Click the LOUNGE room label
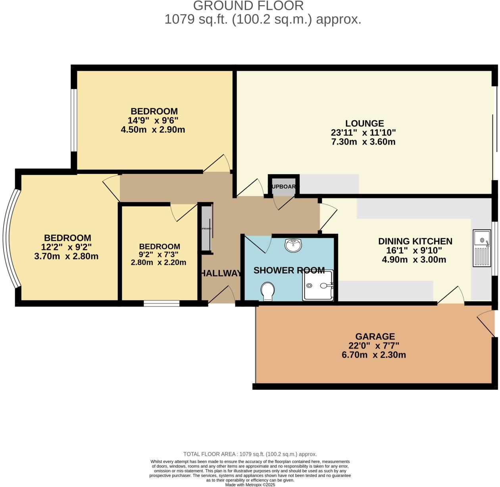[364, 123]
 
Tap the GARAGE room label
[375, 337]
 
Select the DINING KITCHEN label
[415, 241]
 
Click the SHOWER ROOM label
[289, 271]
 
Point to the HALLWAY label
[221, 273]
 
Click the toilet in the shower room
[268, 291]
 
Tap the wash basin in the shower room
[293, 245]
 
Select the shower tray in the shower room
[318, 285]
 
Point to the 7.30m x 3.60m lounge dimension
[363, 142]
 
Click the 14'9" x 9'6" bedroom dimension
[153, 120]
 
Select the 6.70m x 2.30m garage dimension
[373, 355]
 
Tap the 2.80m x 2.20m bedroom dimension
[158, 262]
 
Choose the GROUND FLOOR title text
[248, 6]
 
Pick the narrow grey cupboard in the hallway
[206, 229]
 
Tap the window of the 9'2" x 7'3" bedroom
[162, 304]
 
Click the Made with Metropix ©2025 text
[250, 485]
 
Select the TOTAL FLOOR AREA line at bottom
[250, 454]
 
